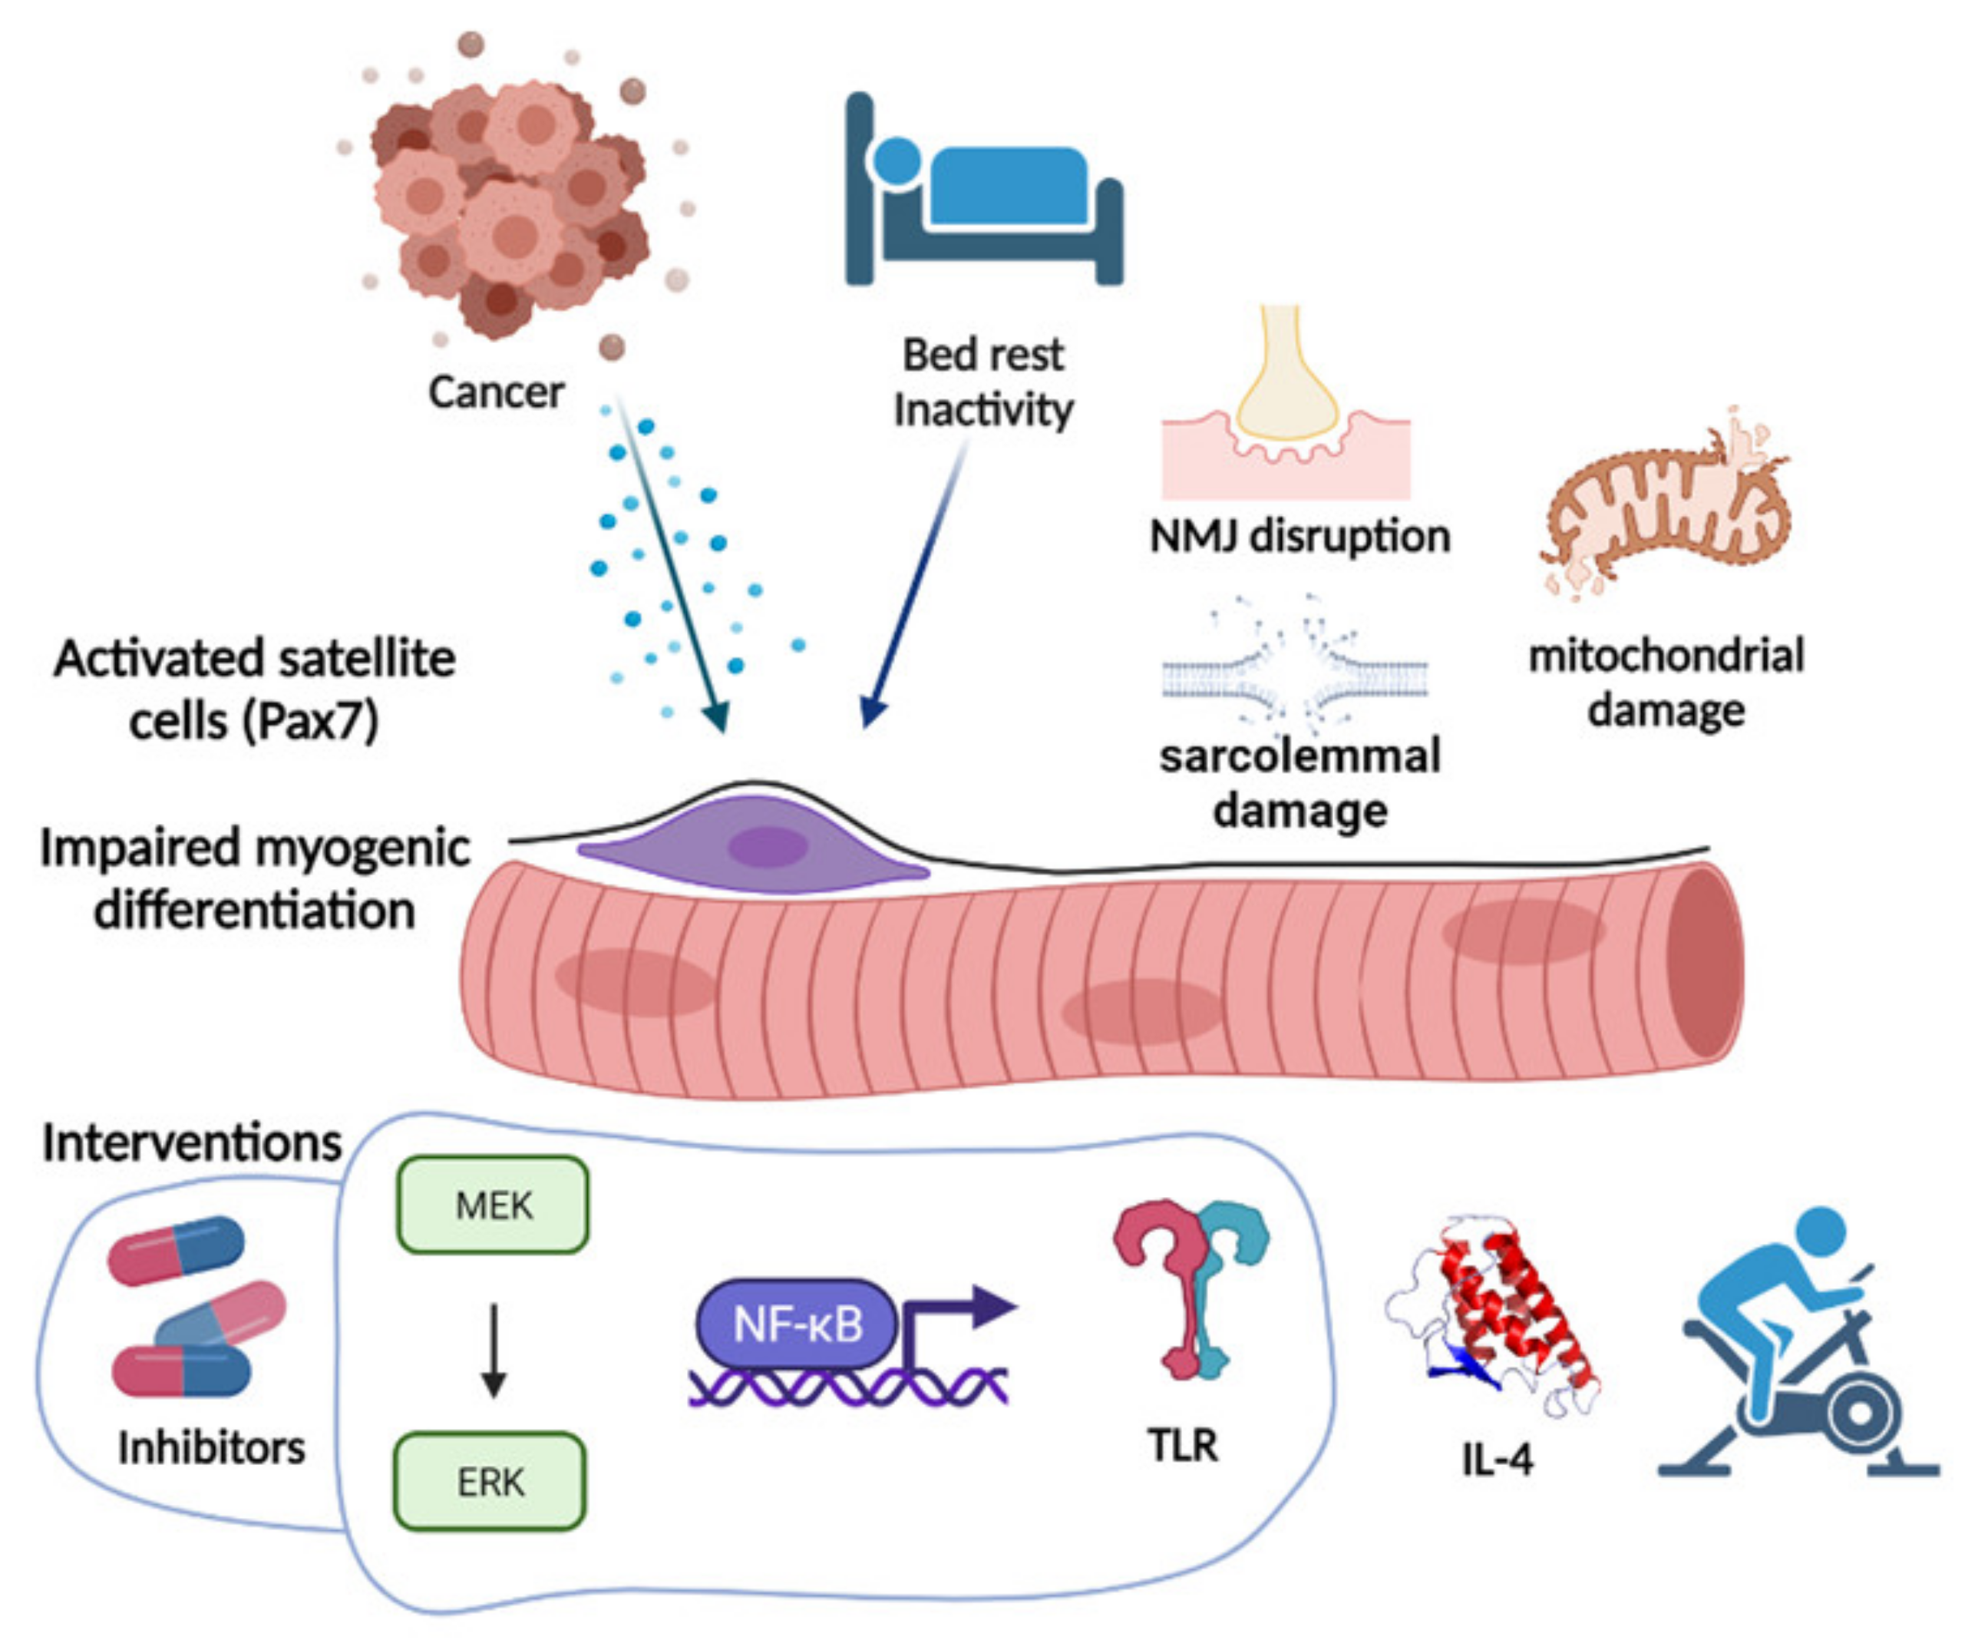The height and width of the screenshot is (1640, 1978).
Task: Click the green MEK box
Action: point(493,1205)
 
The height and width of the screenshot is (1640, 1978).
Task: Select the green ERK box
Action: point(490,1482)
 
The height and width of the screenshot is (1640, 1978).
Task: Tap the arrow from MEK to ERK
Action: point(494,1347)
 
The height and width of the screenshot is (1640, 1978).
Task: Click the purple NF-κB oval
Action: point(797,1324)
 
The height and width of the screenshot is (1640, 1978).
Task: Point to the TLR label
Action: point(1182,1445)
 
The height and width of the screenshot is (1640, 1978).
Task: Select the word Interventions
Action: point(191,1143)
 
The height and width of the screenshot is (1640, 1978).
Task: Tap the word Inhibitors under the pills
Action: point(211,1447)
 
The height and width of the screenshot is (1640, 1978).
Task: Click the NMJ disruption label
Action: point(1299,536)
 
